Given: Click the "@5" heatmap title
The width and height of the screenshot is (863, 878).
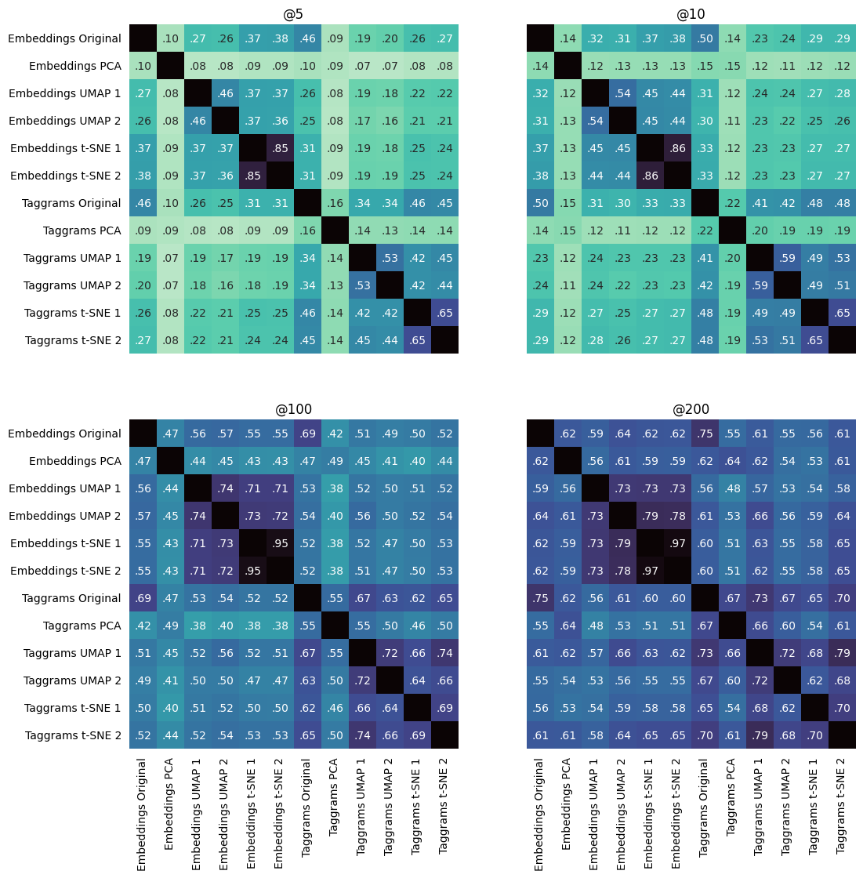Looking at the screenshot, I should pyautogui.click(x=294, y=14).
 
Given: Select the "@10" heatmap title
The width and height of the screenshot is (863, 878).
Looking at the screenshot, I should pyautogui.click(x=691, y=14).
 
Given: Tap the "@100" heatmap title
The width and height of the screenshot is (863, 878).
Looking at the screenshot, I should pyautogui.click(x=294, y=409).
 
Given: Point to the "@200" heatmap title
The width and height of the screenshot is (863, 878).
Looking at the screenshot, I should pyautogui.click(x=691, y=409).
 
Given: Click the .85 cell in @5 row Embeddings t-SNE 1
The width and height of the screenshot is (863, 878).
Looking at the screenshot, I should pyautogui.click(x=280, y=148).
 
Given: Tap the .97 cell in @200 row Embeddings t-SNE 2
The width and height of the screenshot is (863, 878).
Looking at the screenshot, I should pyautogui.click(x=650, y=571).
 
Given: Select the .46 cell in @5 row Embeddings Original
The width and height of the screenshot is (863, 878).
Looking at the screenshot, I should pyautogui.click(x=307, y=38).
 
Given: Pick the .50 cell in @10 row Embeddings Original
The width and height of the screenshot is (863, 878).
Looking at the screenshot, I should pyautogui.click(x=705, y=38).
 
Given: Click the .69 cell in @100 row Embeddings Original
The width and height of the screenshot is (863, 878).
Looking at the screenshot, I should pyautogui.click(x=307, y=434).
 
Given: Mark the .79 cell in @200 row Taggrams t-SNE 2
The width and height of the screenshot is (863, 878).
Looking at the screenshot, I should pyautogui.click(x=760, y=735).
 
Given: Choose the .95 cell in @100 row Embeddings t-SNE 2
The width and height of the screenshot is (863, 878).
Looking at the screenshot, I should pyautogui.click(x=252, y=571).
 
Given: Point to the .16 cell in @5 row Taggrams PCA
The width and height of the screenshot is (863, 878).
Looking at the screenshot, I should pyautogui.click(x=307, y=230).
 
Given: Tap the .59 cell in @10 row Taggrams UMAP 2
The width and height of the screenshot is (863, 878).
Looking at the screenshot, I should pyautogui.click(x=760, y=285).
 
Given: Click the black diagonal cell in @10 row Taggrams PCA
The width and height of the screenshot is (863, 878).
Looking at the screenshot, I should pyautogui.click(x=732, y=230).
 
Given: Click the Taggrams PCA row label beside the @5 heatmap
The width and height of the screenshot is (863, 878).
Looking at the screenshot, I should pyautogui.click(x=82, y=230).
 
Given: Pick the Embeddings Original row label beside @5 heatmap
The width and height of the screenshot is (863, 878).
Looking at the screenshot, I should pyautogui.click(x=65, y=38).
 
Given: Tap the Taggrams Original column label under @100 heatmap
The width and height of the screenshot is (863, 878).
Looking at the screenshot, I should pyautogui.click(x=307, y=814).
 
